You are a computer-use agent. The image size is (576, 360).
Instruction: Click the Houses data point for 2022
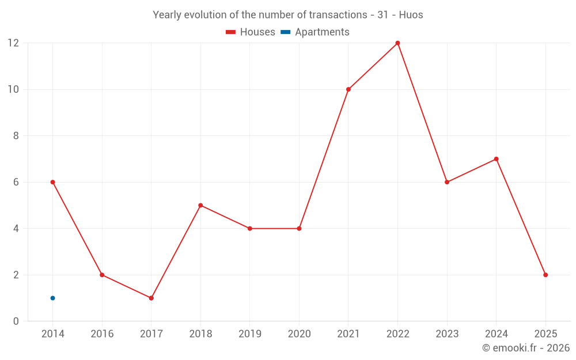coord(397,43)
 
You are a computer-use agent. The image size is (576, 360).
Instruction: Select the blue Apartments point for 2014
coord(52,298)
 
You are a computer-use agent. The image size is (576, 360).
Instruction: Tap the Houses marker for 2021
coord(348,89)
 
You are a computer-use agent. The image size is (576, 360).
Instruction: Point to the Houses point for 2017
coord(151,298)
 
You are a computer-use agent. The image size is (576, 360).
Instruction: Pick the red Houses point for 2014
coord(52,182)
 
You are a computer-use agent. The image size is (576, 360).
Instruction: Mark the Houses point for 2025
coord(545,275)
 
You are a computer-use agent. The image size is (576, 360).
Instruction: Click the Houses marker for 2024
coord(496,159)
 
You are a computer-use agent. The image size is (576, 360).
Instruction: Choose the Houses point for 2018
coord(200,205)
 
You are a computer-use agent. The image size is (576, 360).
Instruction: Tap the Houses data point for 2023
coord(447,182)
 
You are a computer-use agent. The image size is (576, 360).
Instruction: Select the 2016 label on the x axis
coord(102,334)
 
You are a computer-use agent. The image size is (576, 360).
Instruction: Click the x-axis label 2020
coord(299,334)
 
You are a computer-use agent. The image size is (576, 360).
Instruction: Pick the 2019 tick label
coord(250,334)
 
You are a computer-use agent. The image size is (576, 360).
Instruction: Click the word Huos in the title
coord(411,15)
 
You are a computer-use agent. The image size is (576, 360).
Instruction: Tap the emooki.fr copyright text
coord(526,348)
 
